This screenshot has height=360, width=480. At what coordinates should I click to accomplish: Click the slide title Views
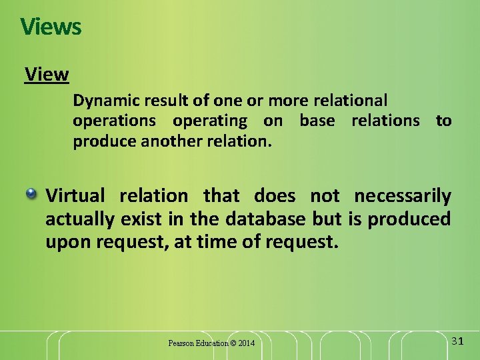click(51, 27)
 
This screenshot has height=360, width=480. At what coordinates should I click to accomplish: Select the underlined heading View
click(47, 74)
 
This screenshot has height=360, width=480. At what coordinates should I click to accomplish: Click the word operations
click(114, 121)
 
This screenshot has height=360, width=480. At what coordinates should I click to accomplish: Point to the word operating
click(209, 121)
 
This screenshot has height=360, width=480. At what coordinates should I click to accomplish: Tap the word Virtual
click(75, 196)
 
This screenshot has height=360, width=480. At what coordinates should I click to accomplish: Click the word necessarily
click(402, 196)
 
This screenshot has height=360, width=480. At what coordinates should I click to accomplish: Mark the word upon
click(66, 241)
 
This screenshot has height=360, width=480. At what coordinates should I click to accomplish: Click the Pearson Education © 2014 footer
click(211, 343)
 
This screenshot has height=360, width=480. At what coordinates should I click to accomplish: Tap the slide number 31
click(457, 341)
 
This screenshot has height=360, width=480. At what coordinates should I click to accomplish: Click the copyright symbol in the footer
click(233, 343)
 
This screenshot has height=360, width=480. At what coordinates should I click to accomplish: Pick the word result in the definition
click(163, 101)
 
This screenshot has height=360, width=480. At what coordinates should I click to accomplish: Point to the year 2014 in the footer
click(246, 343)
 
